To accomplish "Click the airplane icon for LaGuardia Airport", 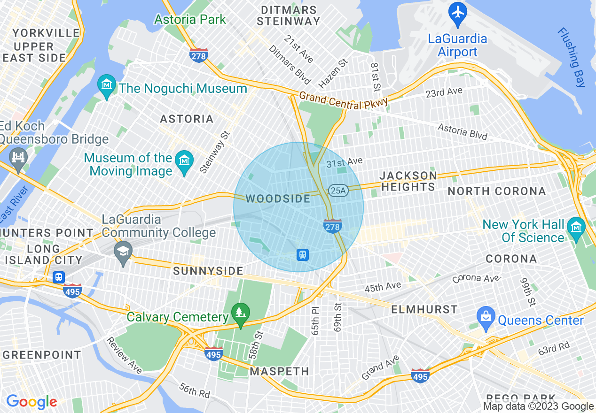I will point(457,12).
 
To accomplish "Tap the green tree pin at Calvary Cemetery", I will point(240,313).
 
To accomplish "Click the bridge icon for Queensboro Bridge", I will point(18,158).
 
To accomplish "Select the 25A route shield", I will point(338,190).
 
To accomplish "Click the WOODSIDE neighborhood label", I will point(278,199).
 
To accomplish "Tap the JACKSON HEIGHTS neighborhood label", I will point(408,181).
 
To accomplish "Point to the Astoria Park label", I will point(190,20).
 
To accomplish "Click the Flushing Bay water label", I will point(572,57).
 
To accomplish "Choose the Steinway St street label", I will point(214,152).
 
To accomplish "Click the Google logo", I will point(31,402).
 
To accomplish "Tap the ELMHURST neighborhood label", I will point(424,309).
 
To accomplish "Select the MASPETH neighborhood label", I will point(279,371).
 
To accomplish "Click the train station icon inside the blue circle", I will point(303,255).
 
